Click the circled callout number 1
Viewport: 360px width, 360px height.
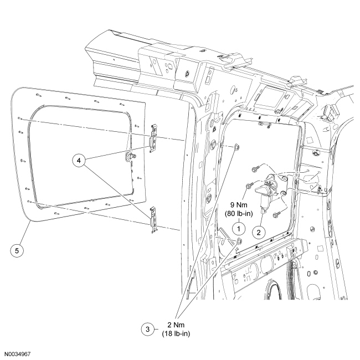(x=238, y=227)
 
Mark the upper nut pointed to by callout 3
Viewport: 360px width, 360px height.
(x=236, y=147)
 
